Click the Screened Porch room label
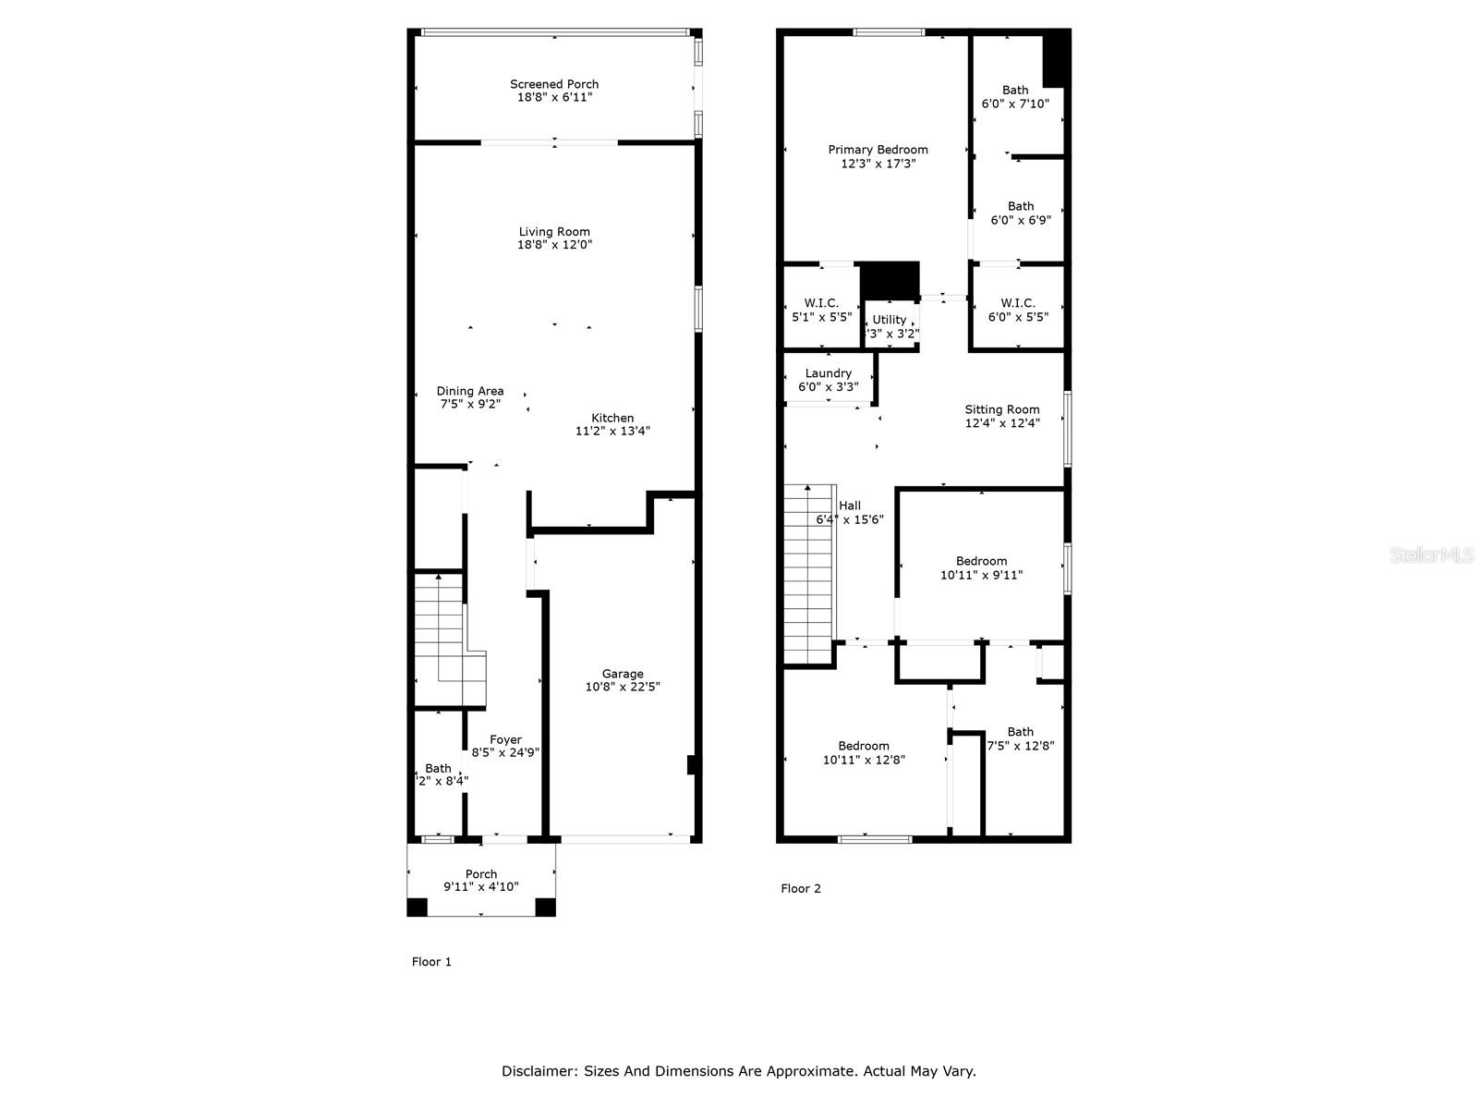pyautogui.click(x=554, y=84)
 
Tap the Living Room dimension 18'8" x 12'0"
pyautogui.click(x=554, y=245)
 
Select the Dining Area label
pyautogui.click(x=470, y=391)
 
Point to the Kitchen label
pyautogui.click(x=612, y=418)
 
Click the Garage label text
pyautogui.click(x=623, y=674)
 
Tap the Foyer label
pyautogui.click(x=505, y=739)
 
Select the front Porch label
pyautogui.click(x=481, y=873)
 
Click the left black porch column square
pyautogui.click(x=418, y=908)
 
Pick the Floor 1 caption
pyautogui.click(x=431, y=961)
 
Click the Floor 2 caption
pyautogui.click(x=800, y=888)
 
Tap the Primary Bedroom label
pyautogui.click(x=878, y=150)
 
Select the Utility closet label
pyautogui.click(x=890, y=320)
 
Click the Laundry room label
pyautogui.click(x=829, y=373)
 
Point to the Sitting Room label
pyautogui.click(x=1002, y=409)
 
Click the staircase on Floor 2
pyautogui.click(x=809, y=573)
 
